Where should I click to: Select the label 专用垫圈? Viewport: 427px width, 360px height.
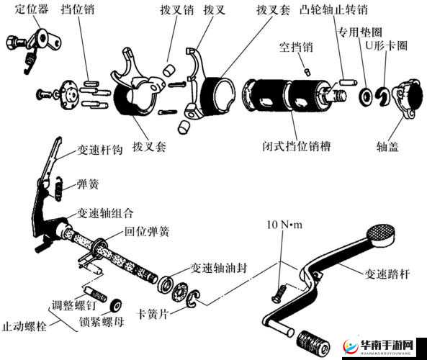pos(359,32)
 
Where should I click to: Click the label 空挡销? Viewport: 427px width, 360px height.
pos(296,48)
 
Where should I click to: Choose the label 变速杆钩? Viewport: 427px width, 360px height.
pos(100,150)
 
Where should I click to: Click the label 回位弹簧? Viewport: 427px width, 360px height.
pos(148,232)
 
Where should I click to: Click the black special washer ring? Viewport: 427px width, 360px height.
pos(367,94)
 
